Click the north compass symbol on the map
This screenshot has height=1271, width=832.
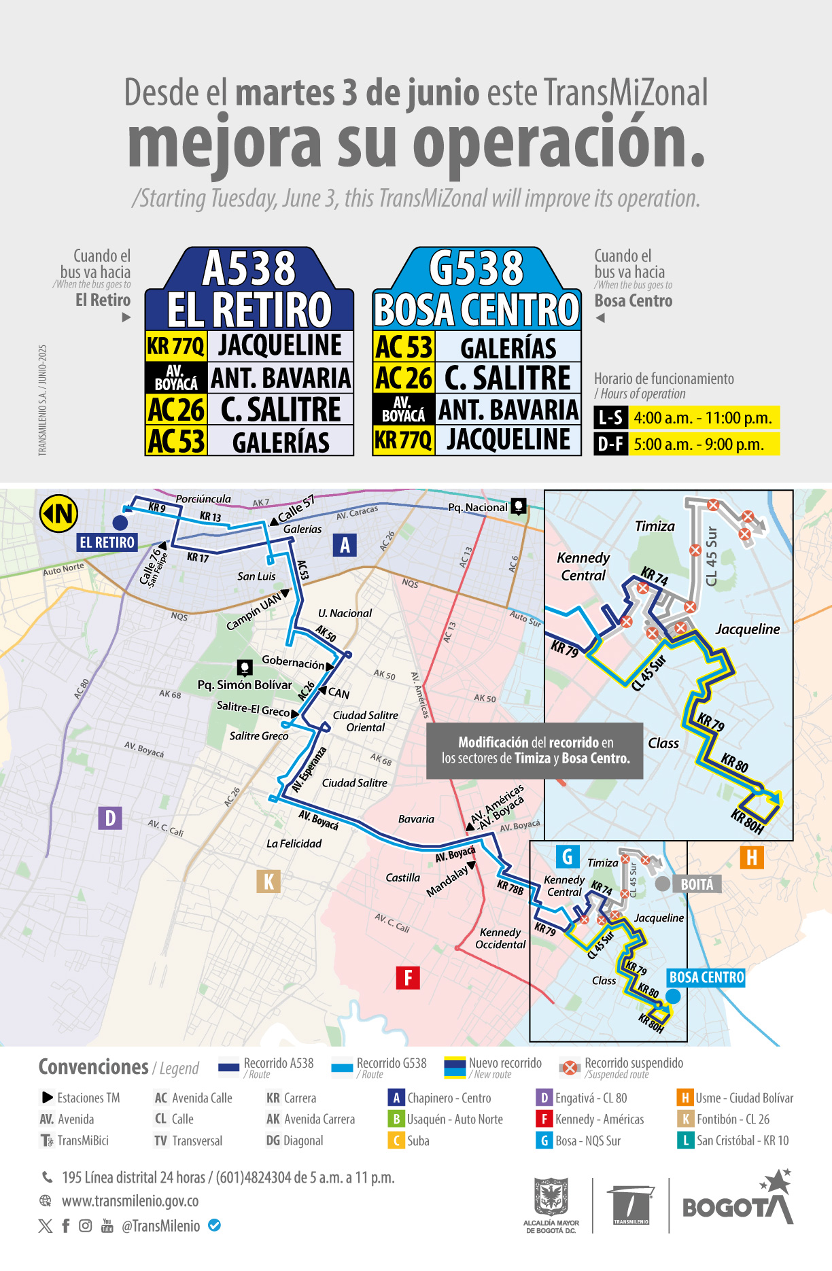59,514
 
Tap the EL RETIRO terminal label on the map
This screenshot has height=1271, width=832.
107,542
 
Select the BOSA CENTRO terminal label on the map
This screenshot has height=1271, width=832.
706,977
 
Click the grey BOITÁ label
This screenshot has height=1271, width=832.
697,884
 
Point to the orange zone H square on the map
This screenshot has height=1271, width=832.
752,858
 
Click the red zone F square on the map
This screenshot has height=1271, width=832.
408,978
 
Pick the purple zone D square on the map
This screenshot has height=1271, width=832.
110,818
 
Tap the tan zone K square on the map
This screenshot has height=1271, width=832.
268,882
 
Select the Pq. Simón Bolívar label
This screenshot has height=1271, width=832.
245,684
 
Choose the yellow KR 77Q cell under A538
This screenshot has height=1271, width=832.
175,346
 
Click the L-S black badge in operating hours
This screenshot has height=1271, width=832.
610,418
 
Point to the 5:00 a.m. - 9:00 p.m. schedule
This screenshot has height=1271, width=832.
699,445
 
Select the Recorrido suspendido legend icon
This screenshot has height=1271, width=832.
570,1068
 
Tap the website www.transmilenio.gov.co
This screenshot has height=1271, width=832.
131,1201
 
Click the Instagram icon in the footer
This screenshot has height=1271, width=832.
86,1225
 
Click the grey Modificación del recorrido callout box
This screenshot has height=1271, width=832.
535,750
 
